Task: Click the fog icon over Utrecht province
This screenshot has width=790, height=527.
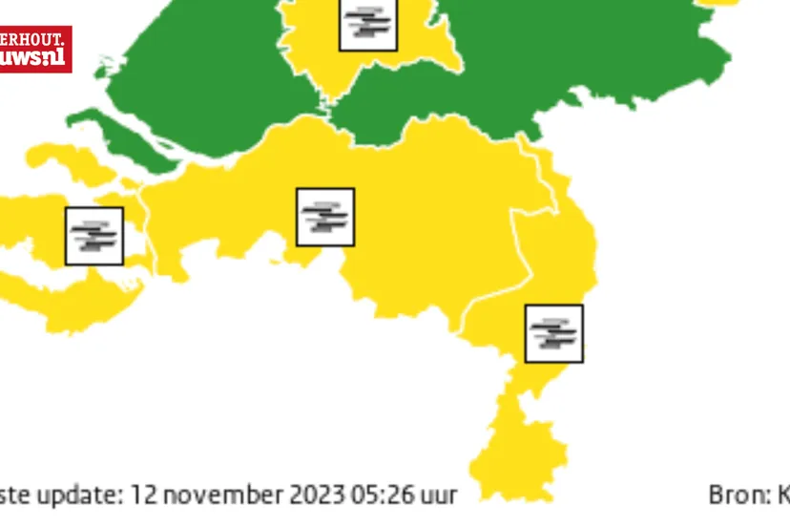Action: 368,22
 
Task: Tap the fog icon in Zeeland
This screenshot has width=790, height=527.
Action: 94,236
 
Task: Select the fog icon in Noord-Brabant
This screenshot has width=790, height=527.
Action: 325,217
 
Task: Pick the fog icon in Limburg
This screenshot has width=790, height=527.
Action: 554,333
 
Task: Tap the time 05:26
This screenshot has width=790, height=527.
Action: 389,495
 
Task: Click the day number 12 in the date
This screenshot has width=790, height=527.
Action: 143,495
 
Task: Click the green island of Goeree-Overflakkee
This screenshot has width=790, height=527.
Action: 124,139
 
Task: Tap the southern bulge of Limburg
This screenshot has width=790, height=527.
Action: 520,453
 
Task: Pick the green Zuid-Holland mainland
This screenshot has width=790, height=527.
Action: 210,76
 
